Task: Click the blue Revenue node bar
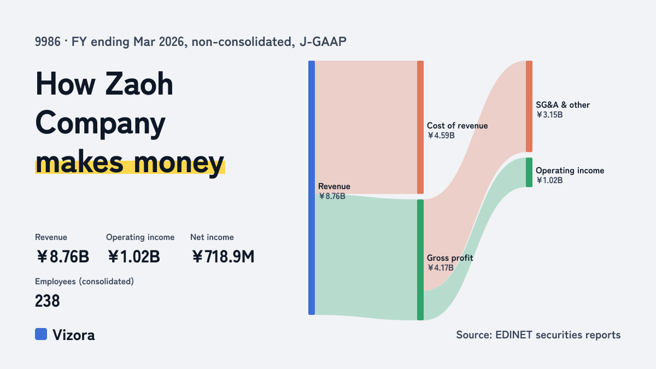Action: pyautogui.click(x=312, y=188)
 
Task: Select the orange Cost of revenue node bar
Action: pyautogui.click(x=420, y=127)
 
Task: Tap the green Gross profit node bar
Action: pyautogui.click(x=420, y=260)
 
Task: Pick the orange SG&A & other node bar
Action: pyautogui.click(x=529, y=106)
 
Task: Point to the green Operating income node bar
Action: pyautogui.click(x=529, y=172)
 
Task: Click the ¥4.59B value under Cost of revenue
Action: pyautogui.click(x=441, y=136)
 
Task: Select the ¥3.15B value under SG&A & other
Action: pyautogui.click(x=549, y=115)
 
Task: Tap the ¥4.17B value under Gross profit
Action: pyautogui.click(x=440, y=268)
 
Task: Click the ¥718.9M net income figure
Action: pyautogui.click(x=223, y=256)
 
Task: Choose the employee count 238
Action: pyautogui.click(x=47, y=301)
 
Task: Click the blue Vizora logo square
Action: pyautogui.click(x=41, y=334)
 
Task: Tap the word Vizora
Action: pyautogui.click(x=73, y=335)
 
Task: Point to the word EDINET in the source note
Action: pyautogui.click(x=513, y=335)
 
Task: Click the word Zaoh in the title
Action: pyautogui.click(x=139, y=84)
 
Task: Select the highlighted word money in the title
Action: pyautogui.click(x=179, y=163)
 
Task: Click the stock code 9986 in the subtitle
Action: pyautogui.click(x=48, y=42)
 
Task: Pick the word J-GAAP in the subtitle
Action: pyautogui.click(x=323, y=42)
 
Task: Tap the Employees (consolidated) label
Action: pyautogui.click(x=84, y=282)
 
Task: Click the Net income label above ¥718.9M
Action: pyautogui.click(x=212, y=237)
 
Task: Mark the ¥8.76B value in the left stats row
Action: pyautogui.click(x=63, y=256)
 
